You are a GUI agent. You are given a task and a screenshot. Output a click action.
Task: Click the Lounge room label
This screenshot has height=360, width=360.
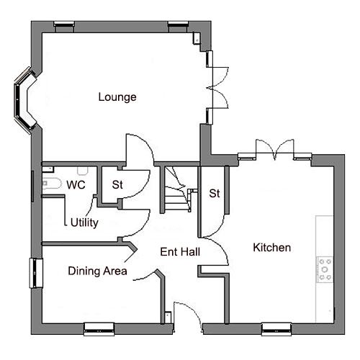pos(117,97)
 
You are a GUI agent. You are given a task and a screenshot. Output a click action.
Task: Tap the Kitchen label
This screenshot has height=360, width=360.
pos(272,248)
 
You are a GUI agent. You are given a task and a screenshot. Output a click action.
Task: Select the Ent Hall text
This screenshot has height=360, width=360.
pos(180,252)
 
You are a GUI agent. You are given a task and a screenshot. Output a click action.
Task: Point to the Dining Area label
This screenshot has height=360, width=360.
pos(97,271)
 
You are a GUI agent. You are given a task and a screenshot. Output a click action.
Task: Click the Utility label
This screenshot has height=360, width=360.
pos(84,223)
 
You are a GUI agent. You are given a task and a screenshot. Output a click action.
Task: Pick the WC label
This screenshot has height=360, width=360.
pos(76,185)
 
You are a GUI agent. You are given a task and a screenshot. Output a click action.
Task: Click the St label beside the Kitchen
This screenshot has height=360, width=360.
pos(215,194)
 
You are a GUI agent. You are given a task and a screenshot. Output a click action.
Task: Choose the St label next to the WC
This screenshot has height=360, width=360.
pos(117,185)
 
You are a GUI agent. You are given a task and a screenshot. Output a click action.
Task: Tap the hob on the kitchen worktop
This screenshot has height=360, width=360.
pos(325,269)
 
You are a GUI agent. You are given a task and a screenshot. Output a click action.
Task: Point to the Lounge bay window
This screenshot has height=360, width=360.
pos(24,100)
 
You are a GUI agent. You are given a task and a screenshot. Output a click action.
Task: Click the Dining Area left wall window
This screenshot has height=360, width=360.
pos(36,273)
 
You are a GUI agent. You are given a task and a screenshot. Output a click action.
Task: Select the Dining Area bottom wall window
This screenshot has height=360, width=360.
pos(99,329)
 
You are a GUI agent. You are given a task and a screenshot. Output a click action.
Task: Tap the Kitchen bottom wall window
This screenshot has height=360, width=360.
pos(276,329)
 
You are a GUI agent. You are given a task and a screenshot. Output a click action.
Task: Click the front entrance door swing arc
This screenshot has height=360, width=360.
pos(192,312)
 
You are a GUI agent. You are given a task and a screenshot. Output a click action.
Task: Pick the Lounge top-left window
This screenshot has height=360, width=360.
pos(64,27)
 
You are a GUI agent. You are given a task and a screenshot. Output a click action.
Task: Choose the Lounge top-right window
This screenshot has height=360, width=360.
pos(178,27)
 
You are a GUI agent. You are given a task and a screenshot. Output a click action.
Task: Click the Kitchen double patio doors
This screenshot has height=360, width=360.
pos(275,149)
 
